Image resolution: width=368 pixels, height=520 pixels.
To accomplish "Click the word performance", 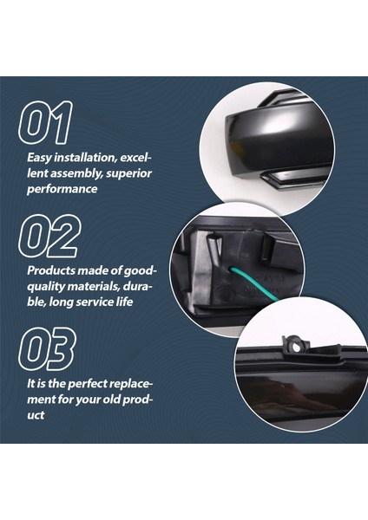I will [x=61, y=189].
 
